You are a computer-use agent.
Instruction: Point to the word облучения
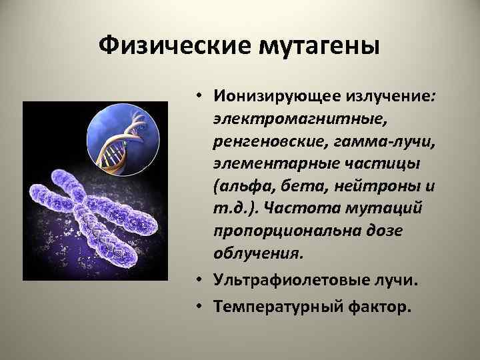[257, 253]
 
